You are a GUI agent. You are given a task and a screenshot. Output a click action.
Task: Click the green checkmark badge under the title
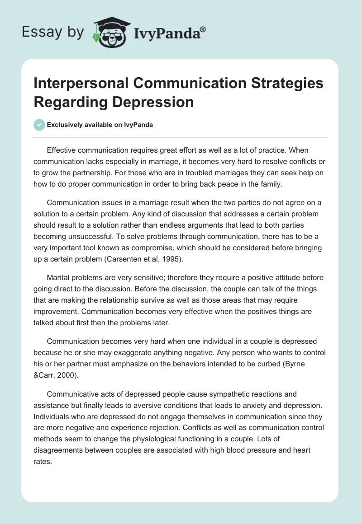click(x=39, y=125)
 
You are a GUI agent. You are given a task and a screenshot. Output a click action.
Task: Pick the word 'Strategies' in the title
click(x=290, y=84)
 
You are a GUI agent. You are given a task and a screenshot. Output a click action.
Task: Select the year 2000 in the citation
click(x=74, y=375)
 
